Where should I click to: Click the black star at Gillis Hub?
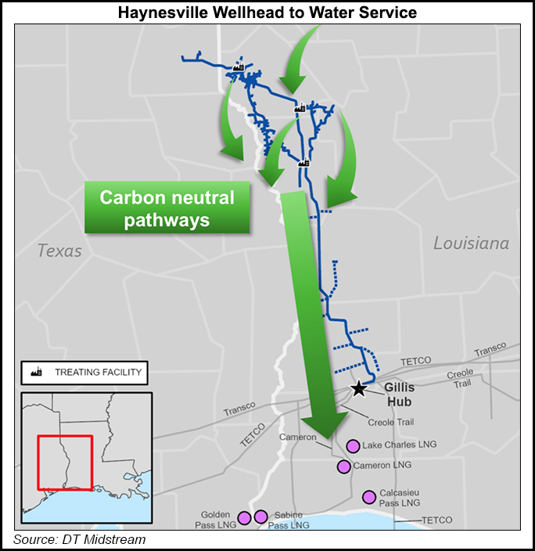point(358,388)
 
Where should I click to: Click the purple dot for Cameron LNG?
point(343,466)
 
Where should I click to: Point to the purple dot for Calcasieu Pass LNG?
point(368,496)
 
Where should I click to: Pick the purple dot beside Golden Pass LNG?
point(244,517)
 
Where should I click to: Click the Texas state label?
point(59,250)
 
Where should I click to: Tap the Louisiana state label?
point(471,243)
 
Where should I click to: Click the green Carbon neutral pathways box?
point(167,208)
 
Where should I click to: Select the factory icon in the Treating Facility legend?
point(36,373)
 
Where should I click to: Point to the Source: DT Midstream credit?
point(79,540)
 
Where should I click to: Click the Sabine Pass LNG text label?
point(289,520)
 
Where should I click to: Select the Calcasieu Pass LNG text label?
point(400,497)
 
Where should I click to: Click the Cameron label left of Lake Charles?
point(299,437)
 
